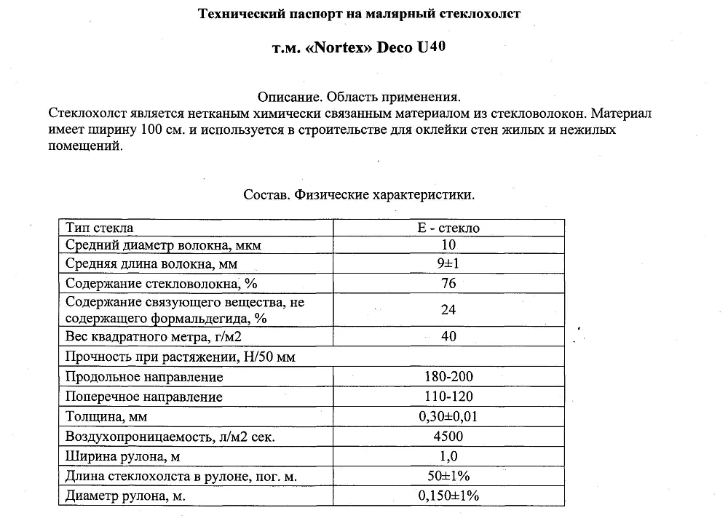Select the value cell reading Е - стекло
(448, 228)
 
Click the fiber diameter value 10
(448, 245)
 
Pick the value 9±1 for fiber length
(448, 263)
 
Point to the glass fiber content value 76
(448, 283)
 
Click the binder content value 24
(448, 309)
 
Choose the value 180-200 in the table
(448, 377)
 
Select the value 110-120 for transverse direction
(448, 397)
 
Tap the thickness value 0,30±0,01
(448, 417)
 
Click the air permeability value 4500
(448, 437)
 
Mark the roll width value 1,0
(448, 456)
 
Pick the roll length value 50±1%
(448, 476)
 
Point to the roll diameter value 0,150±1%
(448, 496)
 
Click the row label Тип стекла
(99, 228)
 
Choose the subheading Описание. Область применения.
(360, 97)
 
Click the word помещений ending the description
(84, 146)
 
